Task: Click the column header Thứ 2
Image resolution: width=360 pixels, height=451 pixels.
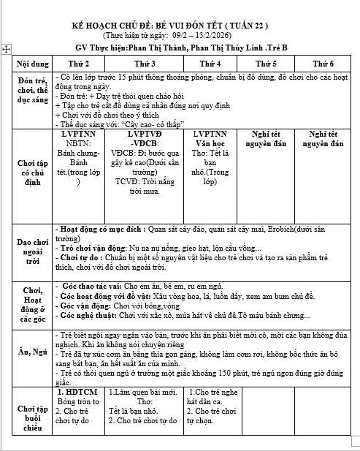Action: coord(78,64)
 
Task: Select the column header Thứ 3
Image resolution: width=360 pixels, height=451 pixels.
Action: coord(145,64)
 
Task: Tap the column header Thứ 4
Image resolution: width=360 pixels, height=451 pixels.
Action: coord(210,64)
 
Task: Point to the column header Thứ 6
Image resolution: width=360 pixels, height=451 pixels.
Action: coord(322,64)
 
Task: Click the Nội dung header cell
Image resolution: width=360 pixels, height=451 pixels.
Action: coord(33,64)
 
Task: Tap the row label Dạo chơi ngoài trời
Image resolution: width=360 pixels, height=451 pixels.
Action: coord(33,250)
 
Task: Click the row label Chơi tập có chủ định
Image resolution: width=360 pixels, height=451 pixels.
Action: coord(33,173)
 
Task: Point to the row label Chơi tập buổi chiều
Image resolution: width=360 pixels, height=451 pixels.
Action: coord(33,414)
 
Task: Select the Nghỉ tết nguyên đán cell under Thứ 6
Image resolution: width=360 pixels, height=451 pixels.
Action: coord(322,139)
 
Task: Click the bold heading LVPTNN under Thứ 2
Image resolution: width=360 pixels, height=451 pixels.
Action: coord(78,134)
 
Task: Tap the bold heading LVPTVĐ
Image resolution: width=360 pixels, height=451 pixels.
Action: coord(145,134)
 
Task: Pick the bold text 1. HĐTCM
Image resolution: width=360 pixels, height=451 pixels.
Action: coord(78,393)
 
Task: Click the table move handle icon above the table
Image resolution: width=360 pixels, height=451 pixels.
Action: coord(7,48)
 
